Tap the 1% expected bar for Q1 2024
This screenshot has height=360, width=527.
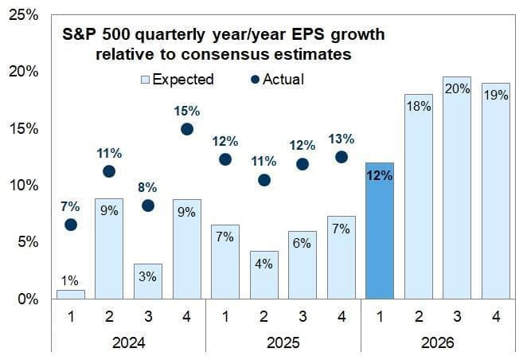click(70, 294)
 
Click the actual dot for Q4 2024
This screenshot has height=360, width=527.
click(186, 129)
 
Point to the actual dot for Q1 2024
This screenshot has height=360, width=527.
click(70, 225)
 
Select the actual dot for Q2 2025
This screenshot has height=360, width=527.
click(263, 180)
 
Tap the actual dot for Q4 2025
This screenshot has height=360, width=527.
click(341, 157)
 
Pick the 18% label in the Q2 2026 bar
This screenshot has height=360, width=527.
click(418, 106)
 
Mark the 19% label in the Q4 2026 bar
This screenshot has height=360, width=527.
click(495, 95)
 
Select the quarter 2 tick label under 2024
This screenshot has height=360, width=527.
click(109, 316)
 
